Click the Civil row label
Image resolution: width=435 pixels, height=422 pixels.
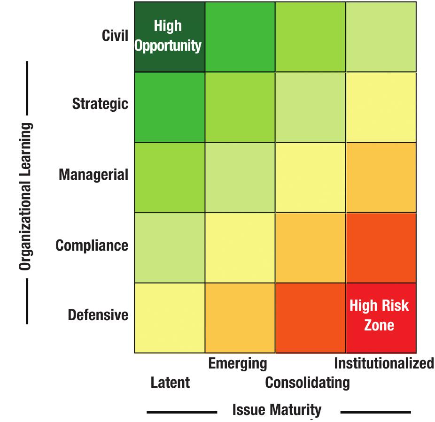pos(115,36)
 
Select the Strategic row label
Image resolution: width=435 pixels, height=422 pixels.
pos(100,104)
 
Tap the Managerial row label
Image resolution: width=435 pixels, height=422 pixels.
pos(93,175)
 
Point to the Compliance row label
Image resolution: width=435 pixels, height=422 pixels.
pos(92,245)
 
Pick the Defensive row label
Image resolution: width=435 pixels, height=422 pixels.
pos(98,315)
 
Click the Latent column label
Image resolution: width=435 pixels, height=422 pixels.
pos(170,382)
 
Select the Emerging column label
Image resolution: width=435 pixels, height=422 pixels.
pos(237,363)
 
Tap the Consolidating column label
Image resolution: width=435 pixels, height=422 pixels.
pos(307,382)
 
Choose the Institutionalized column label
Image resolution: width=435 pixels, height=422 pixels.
pos(384,363)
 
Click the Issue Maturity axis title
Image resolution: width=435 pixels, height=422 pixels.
pos(277,410)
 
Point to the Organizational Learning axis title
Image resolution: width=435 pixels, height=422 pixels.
pos(25,197)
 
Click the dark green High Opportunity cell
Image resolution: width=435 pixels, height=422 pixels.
pos(170,37)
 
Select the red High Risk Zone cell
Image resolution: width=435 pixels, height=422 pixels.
pos(381,318)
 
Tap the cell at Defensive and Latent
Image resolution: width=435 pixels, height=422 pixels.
pos(170,318)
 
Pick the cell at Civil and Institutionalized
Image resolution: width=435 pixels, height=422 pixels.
pos(381,37)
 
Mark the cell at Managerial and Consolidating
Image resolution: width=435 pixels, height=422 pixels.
pos(311,177)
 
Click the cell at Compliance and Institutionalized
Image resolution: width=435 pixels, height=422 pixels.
pos(381,247)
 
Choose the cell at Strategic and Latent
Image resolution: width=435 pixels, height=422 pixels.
pos(170,107)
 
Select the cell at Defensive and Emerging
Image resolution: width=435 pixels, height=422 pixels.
pos(240,318)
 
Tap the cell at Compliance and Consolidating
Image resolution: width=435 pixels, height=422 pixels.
pos(311,247)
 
